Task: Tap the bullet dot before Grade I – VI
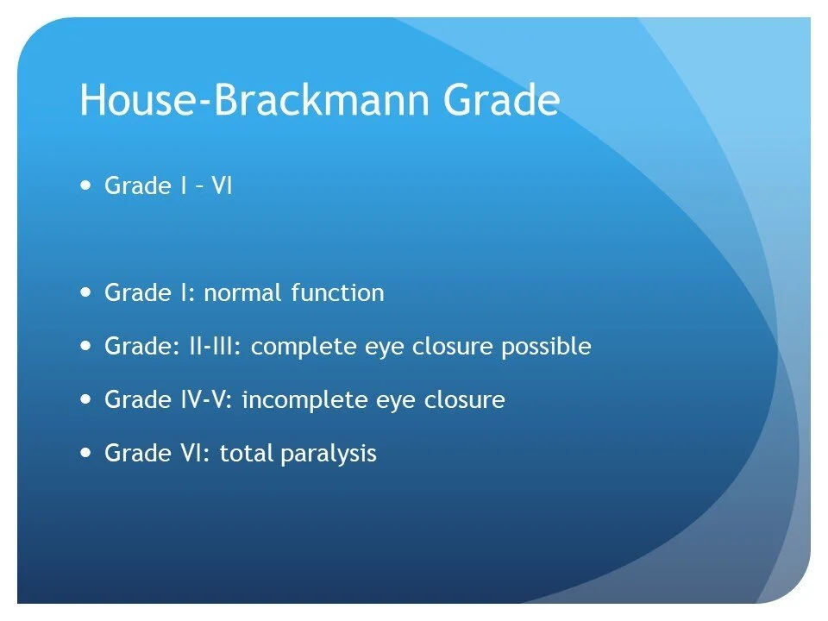[85, 185]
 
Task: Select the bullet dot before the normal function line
[85, 292]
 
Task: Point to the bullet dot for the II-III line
[85, 346]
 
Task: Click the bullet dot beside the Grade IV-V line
[85, 399]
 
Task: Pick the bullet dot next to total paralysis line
[85, 452]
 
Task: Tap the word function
[337, 293]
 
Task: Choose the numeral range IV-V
[201, 400]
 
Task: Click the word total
[247, 454]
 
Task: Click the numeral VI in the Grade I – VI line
[222, 185]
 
